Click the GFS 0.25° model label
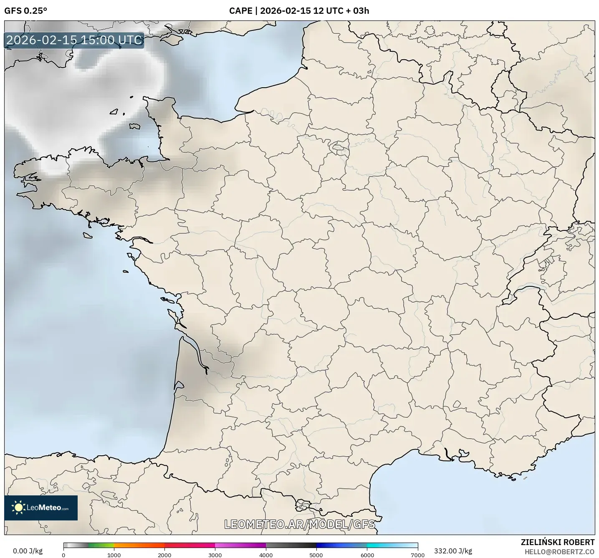(25, 11)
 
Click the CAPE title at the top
(240, 11)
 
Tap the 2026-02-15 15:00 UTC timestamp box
(74, 40)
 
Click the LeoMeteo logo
(41, 508)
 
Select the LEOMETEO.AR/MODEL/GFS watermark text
(299, 524)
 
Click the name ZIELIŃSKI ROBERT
(558, 542)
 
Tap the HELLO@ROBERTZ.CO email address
(559, 552)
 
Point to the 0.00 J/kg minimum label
(28, 551)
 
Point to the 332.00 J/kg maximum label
(453, 551)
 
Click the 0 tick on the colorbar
(63, 555)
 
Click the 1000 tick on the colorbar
(114, 555)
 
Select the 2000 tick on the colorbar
(164, 555)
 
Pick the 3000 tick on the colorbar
(215, 555)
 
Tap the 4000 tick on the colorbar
(266, 555)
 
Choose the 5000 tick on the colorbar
(316, 555)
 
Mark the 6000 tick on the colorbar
(367, 555)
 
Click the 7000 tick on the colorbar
(418, 555)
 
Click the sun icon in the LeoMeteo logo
(18, 508)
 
